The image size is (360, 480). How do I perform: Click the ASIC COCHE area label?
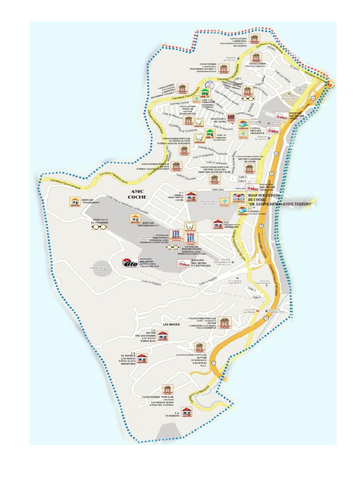[x=138, y=195]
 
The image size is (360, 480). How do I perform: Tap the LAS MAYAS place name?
[x=171, y=324]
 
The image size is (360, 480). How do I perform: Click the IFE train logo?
[x=130, y=263]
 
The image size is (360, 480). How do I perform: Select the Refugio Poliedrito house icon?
[x=75, y=202]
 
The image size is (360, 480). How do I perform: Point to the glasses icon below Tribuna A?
[x=99, y=227]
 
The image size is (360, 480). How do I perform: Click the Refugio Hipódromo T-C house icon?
[x=135, y=219]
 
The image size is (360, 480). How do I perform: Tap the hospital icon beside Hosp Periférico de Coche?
[x=237, y=197]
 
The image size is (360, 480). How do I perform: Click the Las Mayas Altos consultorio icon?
[x=167, y=390]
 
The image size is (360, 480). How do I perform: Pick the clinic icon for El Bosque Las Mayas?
[x=142, y=359]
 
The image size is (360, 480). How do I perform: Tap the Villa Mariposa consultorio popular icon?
[x=225, y=322]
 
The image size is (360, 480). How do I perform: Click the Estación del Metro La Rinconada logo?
[x=184, y=263]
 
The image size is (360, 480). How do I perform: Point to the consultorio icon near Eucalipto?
[x=254, y=39]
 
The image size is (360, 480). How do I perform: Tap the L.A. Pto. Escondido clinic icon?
[x=162, y=336]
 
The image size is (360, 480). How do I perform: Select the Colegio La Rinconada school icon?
[x=242, y=211]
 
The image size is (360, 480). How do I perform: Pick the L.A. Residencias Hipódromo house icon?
[x=217, y=224]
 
